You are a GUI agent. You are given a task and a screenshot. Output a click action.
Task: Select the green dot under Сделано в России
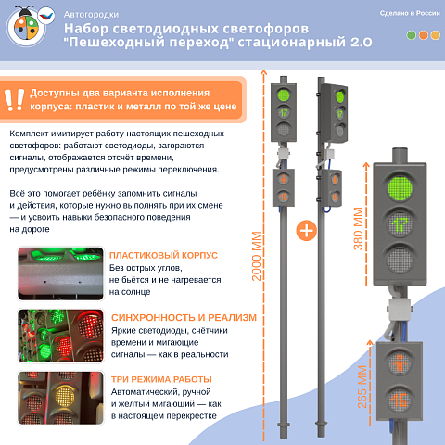412,35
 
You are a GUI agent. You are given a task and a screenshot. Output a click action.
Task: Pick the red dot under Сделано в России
436,35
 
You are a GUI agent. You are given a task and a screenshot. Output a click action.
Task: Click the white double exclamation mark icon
14,100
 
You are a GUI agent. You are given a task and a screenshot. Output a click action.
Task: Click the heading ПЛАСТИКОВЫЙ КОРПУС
163,255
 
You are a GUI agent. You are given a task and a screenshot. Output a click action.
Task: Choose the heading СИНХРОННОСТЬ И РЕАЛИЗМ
183,317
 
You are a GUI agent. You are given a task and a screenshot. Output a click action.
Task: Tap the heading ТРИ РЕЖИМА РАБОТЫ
160,378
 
